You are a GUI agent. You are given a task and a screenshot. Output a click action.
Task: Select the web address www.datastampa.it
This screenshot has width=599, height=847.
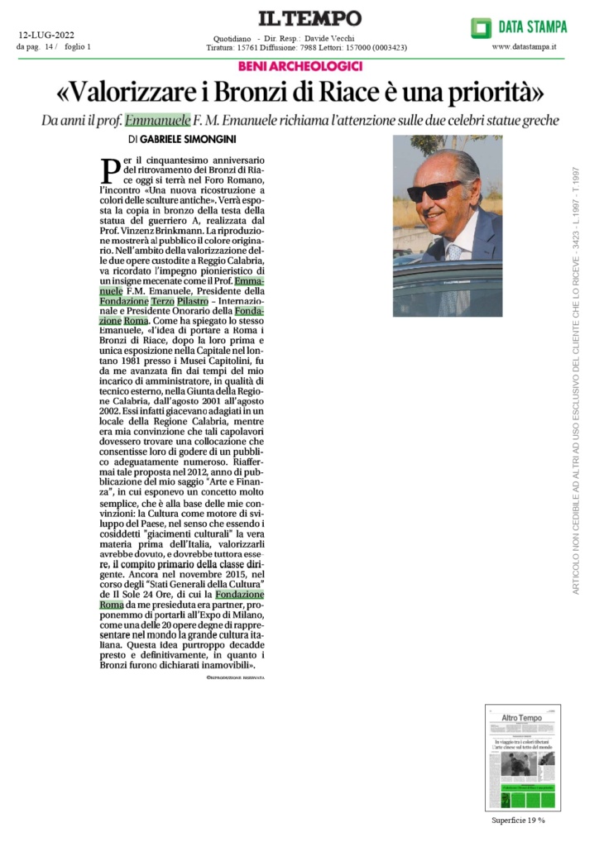pyautogui.click(x=524, y=47)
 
